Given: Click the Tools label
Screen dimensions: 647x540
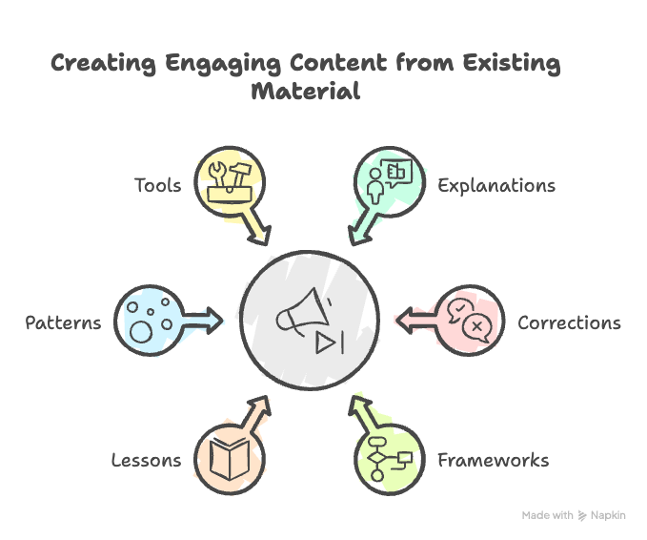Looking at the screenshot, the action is click(157, 184).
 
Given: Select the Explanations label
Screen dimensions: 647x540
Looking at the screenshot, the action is click(495, 184).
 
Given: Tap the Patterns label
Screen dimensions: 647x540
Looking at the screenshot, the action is click(63, 322).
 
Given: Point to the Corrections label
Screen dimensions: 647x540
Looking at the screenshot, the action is click(569, 322).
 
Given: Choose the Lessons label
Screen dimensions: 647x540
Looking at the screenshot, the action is click(146, 461).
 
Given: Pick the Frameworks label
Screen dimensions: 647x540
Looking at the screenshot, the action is click(493, 461).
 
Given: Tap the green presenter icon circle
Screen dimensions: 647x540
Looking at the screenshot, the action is click(387, 180).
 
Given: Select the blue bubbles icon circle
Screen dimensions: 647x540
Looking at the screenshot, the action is click(149, 320).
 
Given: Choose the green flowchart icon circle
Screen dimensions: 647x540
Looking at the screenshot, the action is click(388, 459).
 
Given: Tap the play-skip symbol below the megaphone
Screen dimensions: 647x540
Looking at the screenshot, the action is click(328, 343).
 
